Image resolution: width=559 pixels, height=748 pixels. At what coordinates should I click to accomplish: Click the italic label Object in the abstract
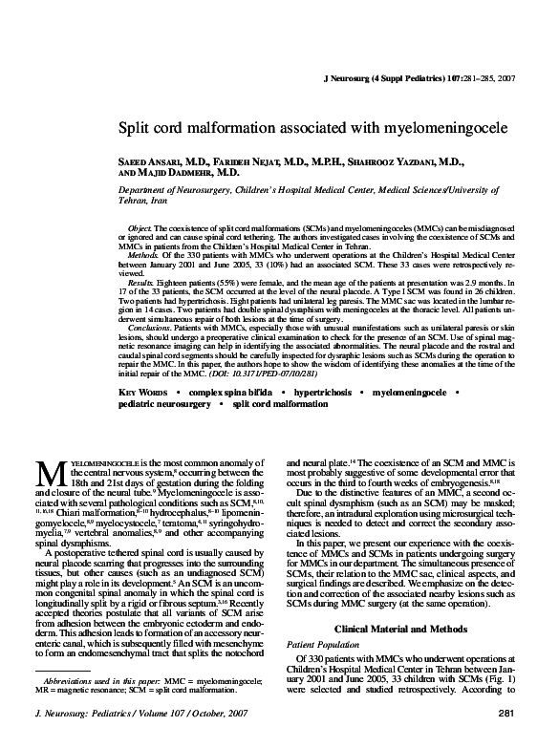(139, 230)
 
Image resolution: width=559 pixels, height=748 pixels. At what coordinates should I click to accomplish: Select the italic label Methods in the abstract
(141, 257)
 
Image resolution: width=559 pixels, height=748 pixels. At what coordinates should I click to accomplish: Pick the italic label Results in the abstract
(140, 285)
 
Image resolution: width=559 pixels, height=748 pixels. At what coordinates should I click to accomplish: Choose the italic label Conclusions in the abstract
(148, 328)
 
